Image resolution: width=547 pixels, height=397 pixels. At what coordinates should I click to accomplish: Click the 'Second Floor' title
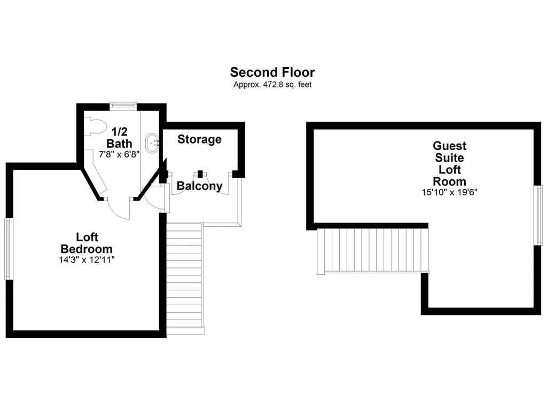pos(272,72)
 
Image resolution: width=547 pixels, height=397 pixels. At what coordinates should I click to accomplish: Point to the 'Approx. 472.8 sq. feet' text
pos(272,84)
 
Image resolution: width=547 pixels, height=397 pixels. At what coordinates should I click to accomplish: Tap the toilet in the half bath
pos(95,126)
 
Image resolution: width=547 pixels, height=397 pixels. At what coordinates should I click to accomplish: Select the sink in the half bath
pos(152,142)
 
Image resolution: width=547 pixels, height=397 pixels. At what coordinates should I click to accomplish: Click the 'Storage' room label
pos(200,139)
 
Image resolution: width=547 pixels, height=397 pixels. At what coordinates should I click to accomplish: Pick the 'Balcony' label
pos(200,186)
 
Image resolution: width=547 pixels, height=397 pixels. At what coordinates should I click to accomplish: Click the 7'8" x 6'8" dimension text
pos(119,154)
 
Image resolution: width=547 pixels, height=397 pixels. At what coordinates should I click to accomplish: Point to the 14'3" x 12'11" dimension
pos(87,260)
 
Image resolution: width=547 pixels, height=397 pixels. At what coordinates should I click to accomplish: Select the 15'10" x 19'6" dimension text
pos(450,192)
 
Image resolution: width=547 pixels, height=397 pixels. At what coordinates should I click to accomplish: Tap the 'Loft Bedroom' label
pos(87,243)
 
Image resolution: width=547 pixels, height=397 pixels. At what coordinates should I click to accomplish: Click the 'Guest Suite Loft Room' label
pos(450,163)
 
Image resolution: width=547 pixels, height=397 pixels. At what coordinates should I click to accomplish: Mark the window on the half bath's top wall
pos(123,106)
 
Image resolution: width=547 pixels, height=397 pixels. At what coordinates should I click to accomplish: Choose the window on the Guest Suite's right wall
pos(538,215)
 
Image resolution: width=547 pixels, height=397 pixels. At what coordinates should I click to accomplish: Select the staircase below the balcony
pos(184,278)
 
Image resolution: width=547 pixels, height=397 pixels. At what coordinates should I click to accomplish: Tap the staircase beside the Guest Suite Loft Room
pos(372,250)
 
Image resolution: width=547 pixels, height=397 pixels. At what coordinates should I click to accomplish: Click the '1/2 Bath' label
pos(119,137)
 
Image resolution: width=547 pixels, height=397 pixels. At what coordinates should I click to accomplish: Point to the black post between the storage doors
pos(200,173)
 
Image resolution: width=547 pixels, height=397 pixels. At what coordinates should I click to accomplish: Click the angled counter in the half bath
pos(96,171)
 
